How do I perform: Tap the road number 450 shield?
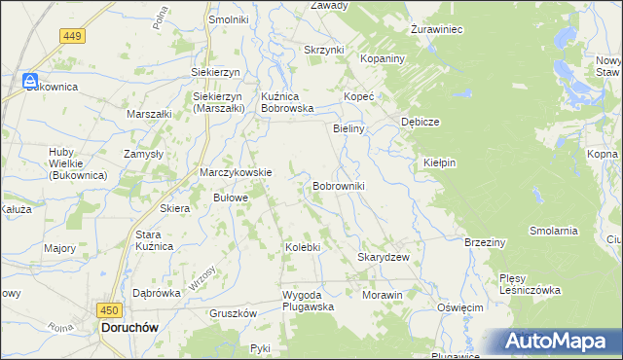coord(109,309)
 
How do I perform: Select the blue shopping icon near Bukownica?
coord(31,82)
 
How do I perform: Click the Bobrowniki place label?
coord(338,185)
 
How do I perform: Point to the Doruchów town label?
coord(131,329)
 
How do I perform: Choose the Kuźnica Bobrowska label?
coord(286,103)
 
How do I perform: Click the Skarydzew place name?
coord(383,257)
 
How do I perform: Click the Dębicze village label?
coord(421,122)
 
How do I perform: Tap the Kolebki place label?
coord(302,247)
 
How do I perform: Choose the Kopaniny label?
coord(381,59)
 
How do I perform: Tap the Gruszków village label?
coord(233,313)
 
